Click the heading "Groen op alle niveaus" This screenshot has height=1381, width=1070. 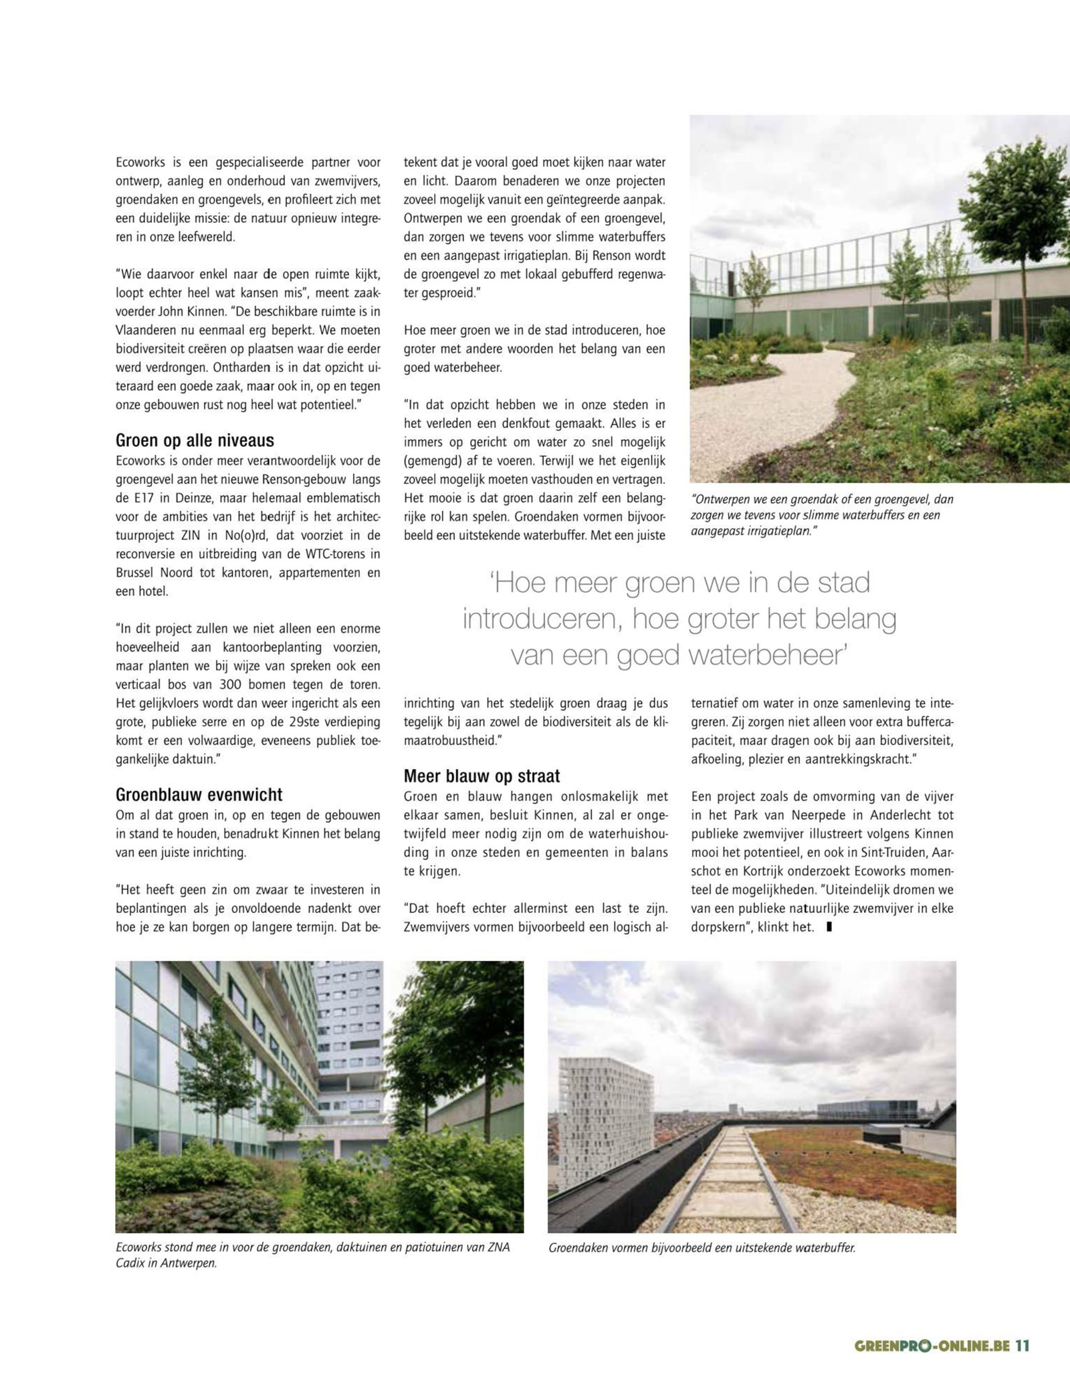click(x=195, y=441)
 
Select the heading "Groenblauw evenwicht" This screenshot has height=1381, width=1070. click(x=199, y=794)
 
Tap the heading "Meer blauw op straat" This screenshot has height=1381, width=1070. click(x=481, y=776)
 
